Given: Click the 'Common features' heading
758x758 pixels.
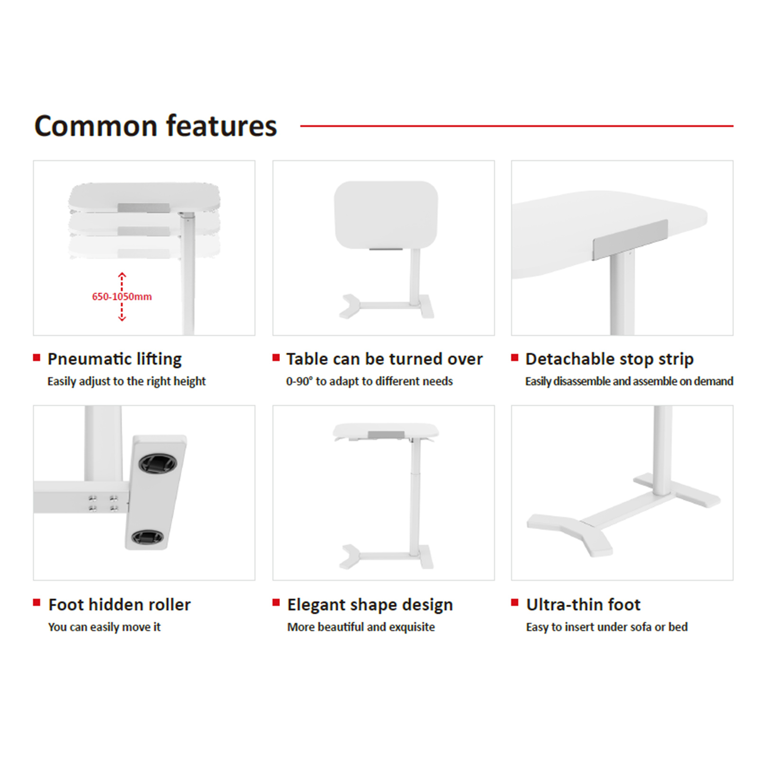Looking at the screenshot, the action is pos(155,126).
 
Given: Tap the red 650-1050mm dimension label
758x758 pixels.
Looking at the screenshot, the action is pos(122,297).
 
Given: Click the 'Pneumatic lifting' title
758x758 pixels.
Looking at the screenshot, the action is pos(115,359).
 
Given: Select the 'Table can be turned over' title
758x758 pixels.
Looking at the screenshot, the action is pos(384,359).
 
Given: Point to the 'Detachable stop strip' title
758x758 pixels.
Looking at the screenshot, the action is pos(609,359).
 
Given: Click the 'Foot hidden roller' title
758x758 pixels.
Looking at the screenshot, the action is pos(119,605).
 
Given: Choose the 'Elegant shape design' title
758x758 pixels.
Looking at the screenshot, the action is pos(370,605).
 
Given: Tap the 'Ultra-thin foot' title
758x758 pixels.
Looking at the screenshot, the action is pos(583,605).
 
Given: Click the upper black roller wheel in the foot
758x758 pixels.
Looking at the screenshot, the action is pos(158,463).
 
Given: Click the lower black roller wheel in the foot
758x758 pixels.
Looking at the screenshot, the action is pos(148,537).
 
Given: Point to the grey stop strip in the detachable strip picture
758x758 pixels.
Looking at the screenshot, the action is pos(630,240).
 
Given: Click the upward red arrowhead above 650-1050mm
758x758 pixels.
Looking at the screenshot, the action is pos(122,275).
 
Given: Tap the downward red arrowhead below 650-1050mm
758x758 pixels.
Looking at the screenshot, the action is pos(122,318).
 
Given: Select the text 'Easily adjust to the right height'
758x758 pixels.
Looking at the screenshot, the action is pos(126,381).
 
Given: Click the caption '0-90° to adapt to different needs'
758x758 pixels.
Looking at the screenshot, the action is pos(370,381).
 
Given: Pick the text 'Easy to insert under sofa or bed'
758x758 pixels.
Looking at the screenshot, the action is pos(607,627).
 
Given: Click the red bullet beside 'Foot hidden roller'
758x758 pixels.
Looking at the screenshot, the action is pos(36,603).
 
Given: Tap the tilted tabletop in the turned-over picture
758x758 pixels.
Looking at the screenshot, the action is pos(386,214).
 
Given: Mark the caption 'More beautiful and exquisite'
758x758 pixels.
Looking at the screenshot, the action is pos(361,627).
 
